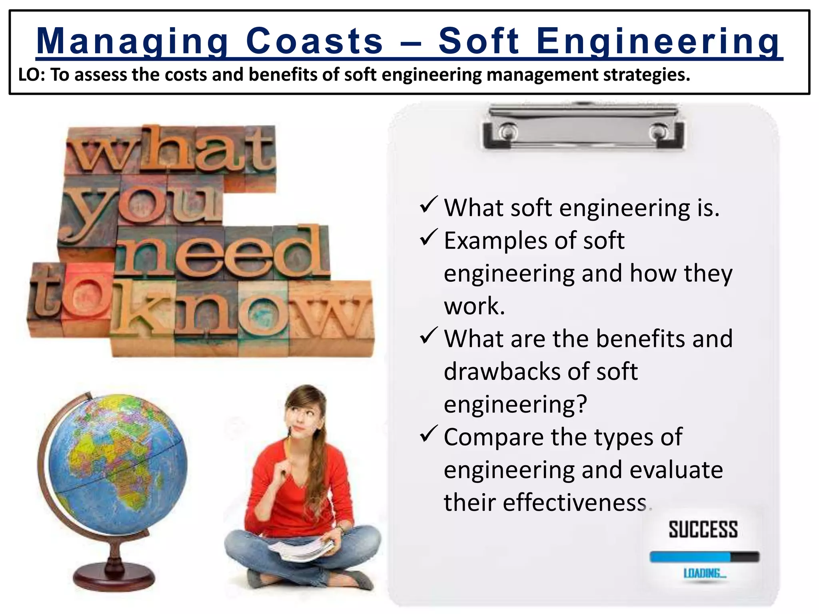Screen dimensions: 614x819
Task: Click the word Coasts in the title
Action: coord(314,41)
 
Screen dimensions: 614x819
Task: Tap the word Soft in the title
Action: coord(479,41)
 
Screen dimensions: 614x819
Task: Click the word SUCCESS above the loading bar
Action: coord(703,530)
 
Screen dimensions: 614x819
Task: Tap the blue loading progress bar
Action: coord(690,557)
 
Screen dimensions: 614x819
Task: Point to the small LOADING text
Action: coord(705,574)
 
